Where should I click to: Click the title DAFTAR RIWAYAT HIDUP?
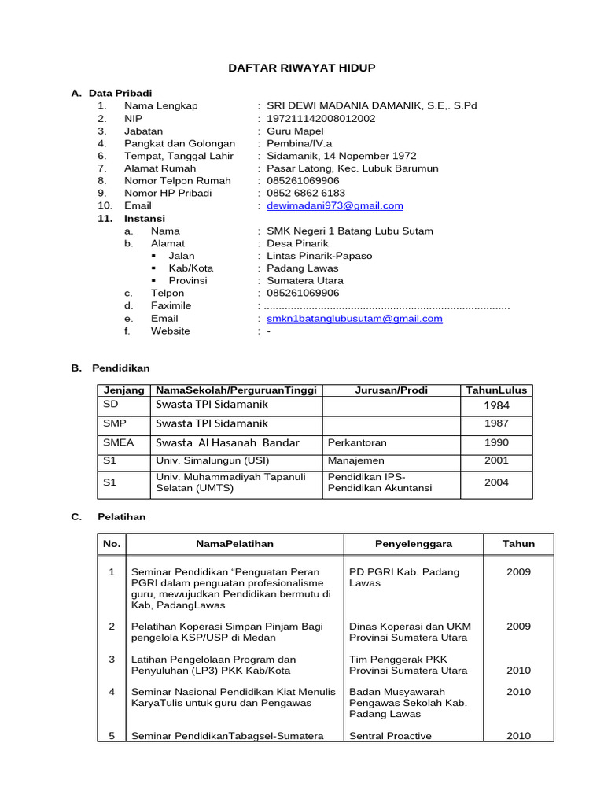click(x=302, y=68)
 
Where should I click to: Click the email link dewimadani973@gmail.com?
click(x=335, y=205)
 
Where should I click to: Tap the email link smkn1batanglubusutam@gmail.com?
click(x=355, y=319)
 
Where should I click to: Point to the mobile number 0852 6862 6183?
click(x=306, y=193)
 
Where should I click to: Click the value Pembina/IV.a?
click(x=300, y=143)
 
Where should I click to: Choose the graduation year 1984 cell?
click(x=496, y=405)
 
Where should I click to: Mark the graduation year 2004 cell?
click(x=496, y=482)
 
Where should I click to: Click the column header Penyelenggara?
click(x=413, y=544)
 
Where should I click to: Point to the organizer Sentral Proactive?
click(x=391, y=736)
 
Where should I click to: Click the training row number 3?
click(x=112, y=659)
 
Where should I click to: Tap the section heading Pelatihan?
click(x=122, y=517)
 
